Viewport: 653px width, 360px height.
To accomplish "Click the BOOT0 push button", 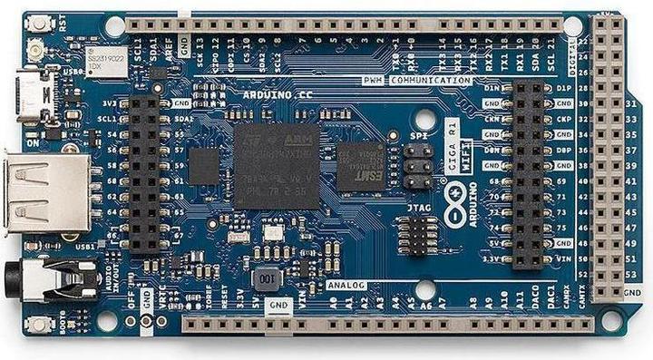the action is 37,325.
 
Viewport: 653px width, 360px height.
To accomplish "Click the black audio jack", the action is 54,279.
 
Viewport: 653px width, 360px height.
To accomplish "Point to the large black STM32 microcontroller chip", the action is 277,166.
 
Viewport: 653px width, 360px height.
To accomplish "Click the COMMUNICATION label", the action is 432,81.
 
